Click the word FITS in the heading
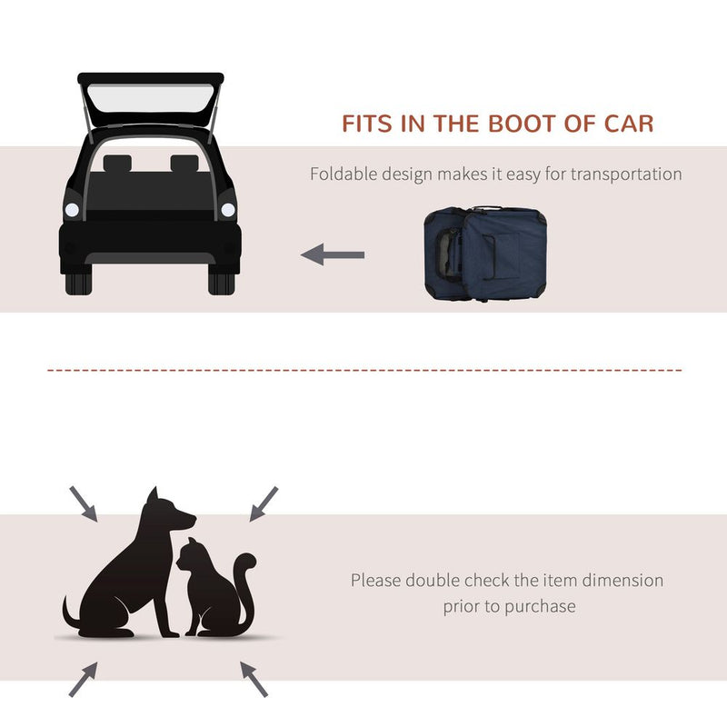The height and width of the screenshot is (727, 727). tap(370, 124)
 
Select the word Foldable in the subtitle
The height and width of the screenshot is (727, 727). tap(342, 174)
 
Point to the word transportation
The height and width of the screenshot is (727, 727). tap(626, 174)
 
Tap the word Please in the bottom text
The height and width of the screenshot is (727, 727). tap(376, 580)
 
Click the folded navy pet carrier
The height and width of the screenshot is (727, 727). tap(485, 254)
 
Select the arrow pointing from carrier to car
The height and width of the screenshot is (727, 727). tap(333, 255)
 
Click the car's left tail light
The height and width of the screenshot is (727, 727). tap(72, 210)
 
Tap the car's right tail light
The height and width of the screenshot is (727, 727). tap(227, 210)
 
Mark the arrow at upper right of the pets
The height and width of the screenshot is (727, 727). tap(264, 503)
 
